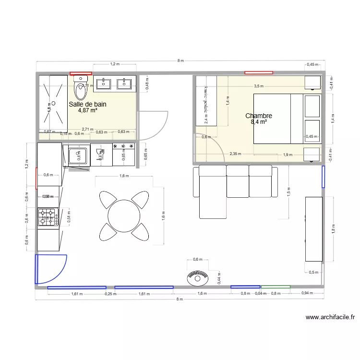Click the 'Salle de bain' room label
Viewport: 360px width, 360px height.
pos(87,104)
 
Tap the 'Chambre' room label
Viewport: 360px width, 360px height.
pos(259,116)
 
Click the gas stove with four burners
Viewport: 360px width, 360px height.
pos(48,217)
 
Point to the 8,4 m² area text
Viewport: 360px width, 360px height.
pos(259,122)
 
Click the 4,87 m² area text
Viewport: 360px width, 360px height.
pos(87,110)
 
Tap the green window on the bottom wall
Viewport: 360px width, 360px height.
pos(276,287)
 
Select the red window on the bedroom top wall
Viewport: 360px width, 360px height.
pos(259,73)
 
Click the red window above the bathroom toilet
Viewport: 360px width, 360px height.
pos(81,73)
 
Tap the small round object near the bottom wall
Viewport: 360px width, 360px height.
pos(197,277)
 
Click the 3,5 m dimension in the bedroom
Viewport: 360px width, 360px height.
pos(259,86)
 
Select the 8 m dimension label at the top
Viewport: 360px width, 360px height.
pos(180,61)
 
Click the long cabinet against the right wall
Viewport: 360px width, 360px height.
pos(313,229)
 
